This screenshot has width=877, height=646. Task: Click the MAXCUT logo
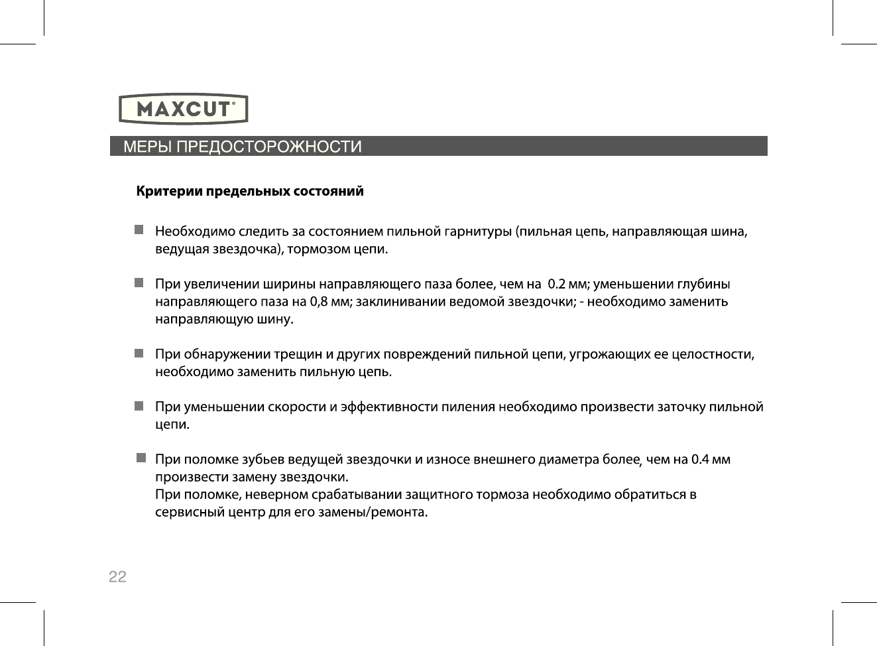tap(184, 109)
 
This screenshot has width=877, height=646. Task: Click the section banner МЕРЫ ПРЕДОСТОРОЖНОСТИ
tap(243, 147)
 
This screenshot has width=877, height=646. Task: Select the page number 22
tap(117, 576)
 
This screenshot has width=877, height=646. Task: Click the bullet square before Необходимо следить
tap(139, 230)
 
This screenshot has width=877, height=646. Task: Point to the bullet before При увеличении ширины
tap(139, 283)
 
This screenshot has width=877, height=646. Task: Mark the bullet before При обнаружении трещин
tap(139, 354)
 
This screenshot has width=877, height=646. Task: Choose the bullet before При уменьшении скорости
tap(139, 406)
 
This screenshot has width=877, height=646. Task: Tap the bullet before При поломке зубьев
tap(141, 458)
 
